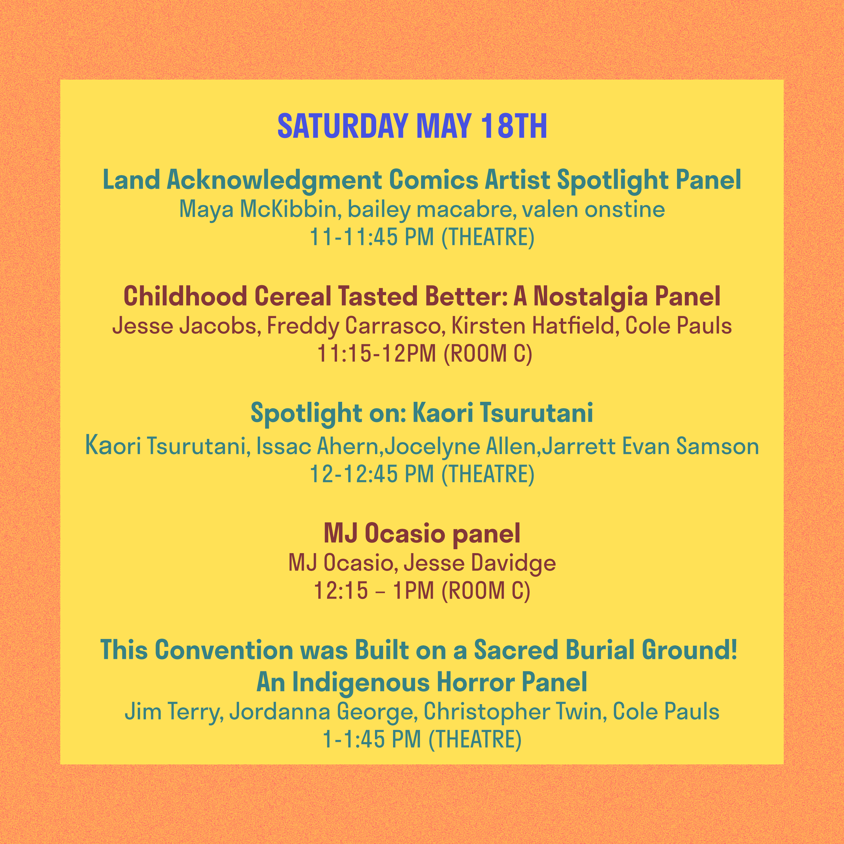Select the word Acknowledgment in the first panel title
pyautogui.click(x=274, y=181)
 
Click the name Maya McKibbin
pyautogui.click(x=258, y=210)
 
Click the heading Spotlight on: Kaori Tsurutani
pyautogui.click(x=422, y=413)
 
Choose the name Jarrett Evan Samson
pyautogui.click(x=650, y=446)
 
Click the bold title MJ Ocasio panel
pyautogui.click(x=422, y=534)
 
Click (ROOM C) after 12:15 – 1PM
pyautogui.click(x=486, y=590)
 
